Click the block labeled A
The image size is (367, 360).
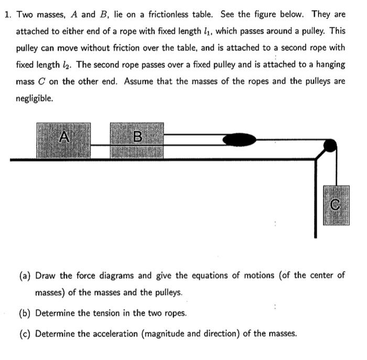click(63, 140)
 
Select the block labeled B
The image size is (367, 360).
click(137, 140)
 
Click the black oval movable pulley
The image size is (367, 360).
click(240, 139)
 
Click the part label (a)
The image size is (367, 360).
click(25, 276)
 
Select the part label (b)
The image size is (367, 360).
click(25, 313)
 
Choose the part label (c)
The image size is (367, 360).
click(25, 333)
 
